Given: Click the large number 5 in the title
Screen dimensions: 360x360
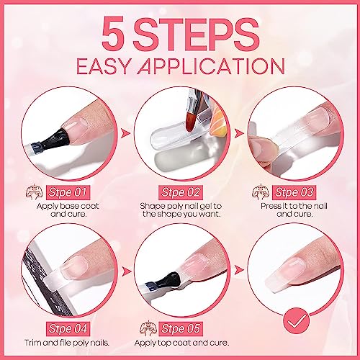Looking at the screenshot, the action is click(x=113, y=33).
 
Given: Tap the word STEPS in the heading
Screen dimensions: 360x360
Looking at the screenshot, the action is click(x=196, y=33).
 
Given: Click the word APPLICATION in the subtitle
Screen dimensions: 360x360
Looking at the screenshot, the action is click(x=211, y=66).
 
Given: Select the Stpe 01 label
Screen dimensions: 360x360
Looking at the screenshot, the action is click(x=68, y=192).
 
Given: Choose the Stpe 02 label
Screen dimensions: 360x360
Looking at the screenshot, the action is click(x=181, y=192).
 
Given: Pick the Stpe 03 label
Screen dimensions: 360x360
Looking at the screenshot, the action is click(x=294, y=192).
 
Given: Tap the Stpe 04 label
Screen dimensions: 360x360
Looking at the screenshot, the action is click(x=68, y=329).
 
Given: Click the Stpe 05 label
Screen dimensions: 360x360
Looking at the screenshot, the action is click(x=181, y=329).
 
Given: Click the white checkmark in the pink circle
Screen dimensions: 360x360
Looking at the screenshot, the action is click(x=297, y=320).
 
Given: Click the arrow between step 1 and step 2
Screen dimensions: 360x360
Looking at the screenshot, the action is click(x=125, y=133).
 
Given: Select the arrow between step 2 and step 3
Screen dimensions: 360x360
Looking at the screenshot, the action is click(x=239, y=133).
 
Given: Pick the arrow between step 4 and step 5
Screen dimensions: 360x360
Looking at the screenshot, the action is click(x=126, y=271).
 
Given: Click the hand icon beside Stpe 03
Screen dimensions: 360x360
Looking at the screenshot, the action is click(x=261, y=192).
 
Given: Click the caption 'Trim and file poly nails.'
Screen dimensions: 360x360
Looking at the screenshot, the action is click(x=67, y=343).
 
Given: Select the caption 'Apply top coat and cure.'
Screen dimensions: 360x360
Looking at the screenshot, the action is click(x=181, y=343).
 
